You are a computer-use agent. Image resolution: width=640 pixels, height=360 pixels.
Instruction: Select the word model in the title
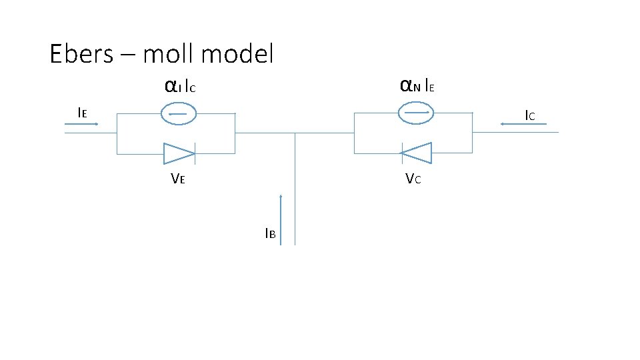(x=240, y=54)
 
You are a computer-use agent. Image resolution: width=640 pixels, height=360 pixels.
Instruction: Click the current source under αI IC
(x=179, y=114)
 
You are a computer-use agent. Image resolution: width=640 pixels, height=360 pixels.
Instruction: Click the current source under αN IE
(x=415, y=113)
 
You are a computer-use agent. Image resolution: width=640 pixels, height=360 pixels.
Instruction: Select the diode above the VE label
(x=179, y=153)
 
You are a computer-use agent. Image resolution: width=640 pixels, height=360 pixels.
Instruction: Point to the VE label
(x=177, y=178)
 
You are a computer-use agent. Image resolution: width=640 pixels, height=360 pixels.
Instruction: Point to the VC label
(x=413, y=179)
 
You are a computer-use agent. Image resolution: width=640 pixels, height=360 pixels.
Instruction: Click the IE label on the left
(x=82, y=113)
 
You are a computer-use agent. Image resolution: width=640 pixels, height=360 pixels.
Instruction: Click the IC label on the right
(x=529, y=115)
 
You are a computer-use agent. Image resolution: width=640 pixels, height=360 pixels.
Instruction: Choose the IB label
(x=270, y=233)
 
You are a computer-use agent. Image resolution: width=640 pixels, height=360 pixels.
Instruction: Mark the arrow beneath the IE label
(x=81, y=123)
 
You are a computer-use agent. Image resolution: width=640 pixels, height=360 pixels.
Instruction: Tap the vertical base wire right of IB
(x=295, y=193)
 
